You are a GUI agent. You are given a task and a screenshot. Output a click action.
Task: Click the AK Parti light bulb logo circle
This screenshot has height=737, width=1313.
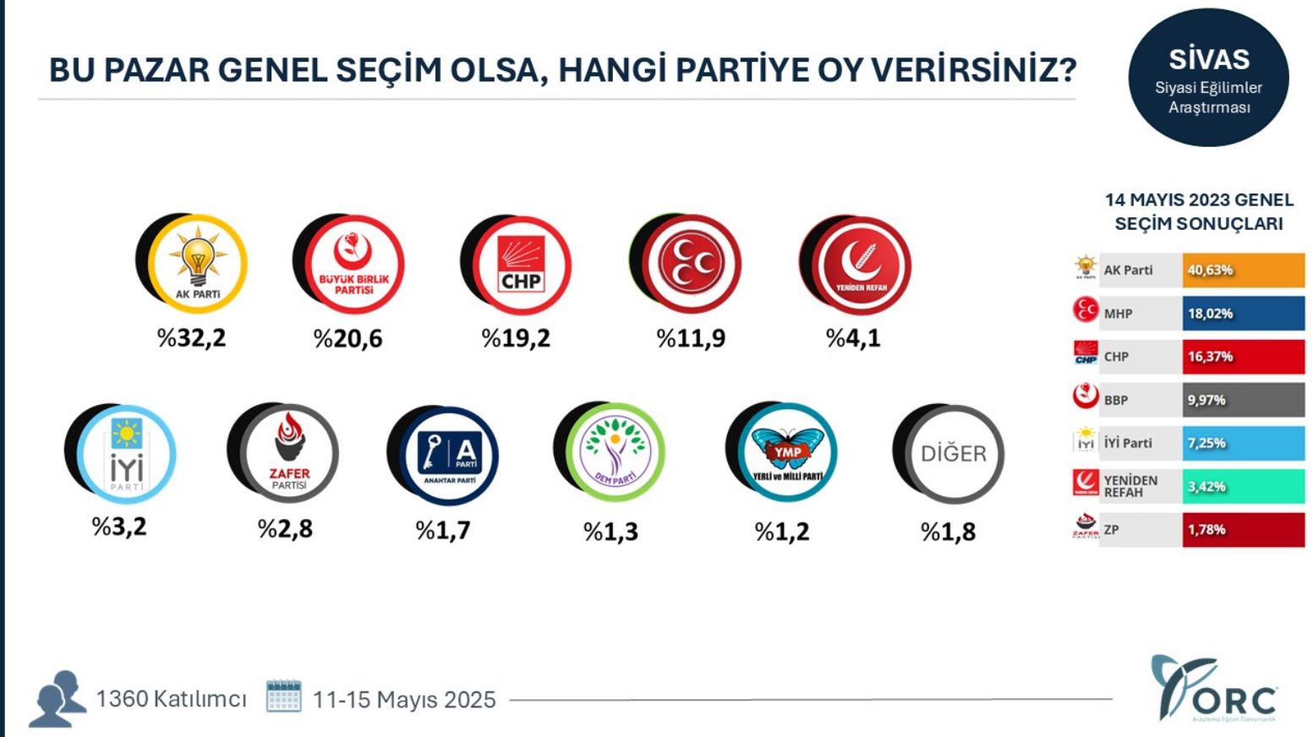coord(197,264)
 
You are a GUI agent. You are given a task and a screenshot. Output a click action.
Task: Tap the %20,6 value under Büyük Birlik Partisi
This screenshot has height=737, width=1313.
coord(347,339)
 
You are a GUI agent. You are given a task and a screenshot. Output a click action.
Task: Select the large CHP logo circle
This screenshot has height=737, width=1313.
coord(521,265)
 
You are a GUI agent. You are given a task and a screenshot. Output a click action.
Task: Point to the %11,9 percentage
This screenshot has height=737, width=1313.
coord(691,339)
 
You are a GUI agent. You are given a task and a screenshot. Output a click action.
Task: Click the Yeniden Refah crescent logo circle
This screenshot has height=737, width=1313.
coord(861,265)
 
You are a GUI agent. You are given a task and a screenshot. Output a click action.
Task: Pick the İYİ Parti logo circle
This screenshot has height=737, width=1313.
coord(126,454)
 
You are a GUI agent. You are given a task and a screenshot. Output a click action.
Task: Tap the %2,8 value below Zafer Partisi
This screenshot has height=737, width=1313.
coord(285,529)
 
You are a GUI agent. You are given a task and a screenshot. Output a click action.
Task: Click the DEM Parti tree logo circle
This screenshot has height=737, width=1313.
coord(615,454)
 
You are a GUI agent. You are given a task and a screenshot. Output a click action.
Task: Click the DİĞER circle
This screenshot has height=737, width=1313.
coord(953,454)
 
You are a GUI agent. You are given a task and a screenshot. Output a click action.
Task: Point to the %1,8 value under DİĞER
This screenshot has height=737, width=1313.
coord(948,532)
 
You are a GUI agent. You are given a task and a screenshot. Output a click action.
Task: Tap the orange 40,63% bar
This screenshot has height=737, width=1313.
coord(1243,270)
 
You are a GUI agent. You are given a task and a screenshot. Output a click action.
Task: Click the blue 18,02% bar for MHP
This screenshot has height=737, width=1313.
coord(1243,314)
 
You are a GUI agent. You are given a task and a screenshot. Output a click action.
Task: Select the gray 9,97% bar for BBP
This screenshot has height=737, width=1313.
coord(1243,400)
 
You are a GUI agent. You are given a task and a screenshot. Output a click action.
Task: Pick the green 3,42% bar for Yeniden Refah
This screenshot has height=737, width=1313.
coord(1243,486)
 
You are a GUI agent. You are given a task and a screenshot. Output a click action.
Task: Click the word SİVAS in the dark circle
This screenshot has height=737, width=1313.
coord(1209,59)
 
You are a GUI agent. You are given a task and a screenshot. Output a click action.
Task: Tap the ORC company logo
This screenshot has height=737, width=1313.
coord(1214,691)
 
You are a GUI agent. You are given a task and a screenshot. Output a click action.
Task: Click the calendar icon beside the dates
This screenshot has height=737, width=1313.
coord(284,696)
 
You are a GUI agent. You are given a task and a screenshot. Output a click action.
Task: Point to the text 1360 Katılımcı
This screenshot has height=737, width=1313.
coord(171,699)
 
